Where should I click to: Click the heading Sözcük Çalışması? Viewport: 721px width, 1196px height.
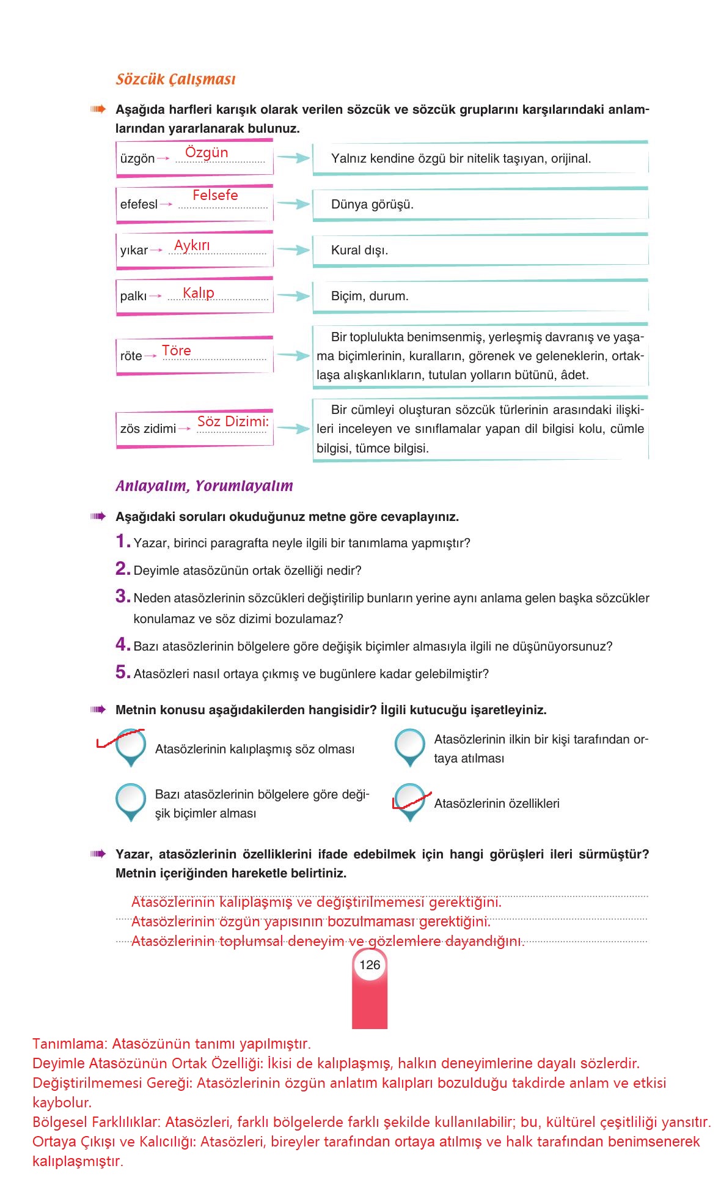click(x=175, y=79)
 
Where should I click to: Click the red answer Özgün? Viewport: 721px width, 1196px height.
click(x=207, y=152)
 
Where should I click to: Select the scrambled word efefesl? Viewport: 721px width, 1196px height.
click(x=139, y=204)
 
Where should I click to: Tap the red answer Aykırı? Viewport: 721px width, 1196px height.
click(x=192, y=245)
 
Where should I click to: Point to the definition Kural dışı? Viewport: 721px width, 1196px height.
click(x=359, y=250)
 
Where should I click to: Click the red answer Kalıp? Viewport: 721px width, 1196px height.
click(x=199, y=293)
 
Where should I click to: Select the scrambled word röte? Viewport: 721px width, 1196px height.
click(x=131, y=356)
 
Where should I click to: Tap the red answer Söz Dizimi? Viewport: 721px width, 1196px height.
click(x=233, y=421)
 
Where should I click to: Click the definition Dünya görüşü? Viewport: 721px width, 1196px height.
click(x=372, y=204)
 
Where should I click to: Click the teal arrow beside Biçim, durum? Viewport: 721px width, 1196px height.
click(x=294, y=296)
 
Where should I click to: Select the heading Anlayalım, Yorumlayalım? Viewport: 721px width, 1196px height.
click(x=204, y=486)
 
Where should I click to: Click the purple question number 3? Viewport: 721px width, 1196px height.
click(x=122, y=596)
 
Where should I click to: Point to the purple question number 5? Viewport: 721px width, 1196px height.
click(x=122, y=672)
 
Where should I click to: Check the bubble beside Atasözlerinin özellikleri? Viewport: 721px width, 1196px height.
click(x=409, y=799)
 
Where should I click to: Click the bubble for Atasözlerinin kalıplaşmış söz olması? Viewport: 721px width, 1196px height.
click(x=130, y=745)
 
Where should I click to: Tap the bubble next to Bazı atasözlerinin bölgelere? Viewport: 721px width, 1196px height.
click(x=130, y=799)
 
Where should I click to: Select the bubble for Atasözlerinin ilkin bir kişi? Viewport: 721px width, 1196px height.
click(x=409, y=745)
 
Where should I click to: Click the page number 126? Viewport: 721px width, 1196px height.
click(x=370, y=965)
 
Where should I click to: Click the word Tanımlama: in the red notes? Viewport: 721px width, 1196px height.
click(x=70, y=1044)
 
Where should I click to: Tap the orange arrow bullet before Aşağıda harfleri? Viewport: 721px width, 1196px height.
click(x=98, y=109)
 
